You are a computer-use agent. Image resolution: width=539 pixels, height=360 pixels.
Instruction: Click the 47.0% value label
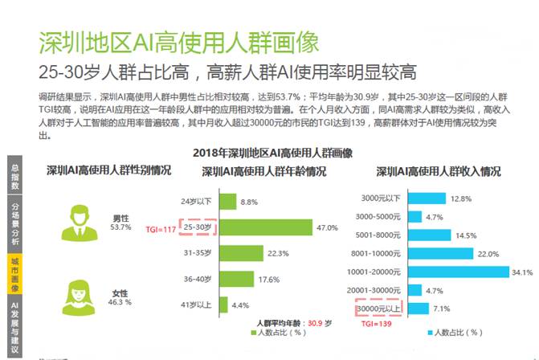(x=327, y=228)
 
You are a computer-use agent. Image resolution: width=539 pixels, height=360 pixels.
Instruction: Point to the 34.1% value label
(x=522, y=272)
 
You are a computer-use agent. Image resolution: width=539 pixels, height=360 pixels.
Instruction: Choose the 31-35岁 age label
(x=198, y=253)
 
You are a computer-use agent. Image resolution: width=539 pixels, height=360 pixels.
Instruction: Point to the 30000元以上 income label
(x=380, y=309)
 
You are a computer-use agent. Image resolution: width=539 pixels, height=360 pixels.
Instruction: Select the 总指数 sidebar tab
(x=14, y=176)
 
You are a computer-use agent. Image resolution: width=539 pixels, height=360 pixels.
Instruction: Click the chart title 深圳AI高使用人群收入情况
(x=438, y=171)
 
